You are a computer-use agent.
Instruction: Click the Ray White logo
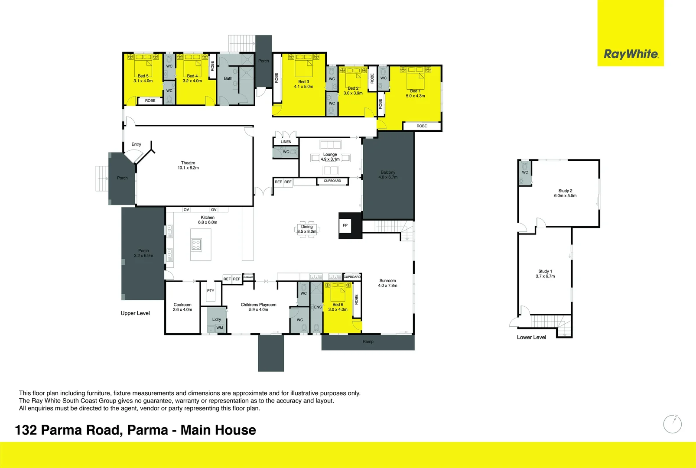pos(631,54)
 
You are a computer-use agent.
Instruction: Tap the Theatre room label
pos(188,163)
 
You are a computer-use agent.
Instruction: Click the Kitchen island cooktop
pos(196,245)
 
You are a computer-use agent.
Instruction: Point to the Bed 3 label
pos(303,81)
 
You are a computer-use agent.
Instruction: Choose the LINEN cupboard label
pos(286,142)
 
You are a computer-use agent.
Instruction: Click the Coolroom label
pos(182,305)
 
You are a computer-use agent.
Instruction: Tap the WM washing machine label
pos(220,328)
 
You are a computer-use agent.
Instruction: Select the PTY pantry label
pos(211,291)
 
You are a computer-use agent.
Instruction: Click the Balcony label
pos(388,172)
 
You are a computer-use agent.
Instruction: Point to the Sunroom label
pos(387,281)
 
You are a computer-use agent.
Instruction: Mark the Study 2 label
pos(565,191)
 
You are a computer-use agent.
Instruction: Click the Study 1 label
pos(545,271)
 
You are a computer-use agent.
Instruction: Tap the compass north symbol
pos(673,424)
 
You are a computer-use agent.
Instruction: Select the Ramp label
pos(368,342)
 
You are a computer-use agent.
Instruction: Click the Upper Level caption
pos(135,313)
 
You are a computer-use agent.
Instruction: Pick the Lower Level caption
pos(531,337)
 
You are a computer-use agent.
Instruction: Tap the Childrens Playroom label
pos(258,305)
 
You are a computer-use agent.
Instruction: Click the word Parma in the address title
pos(148,430)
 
